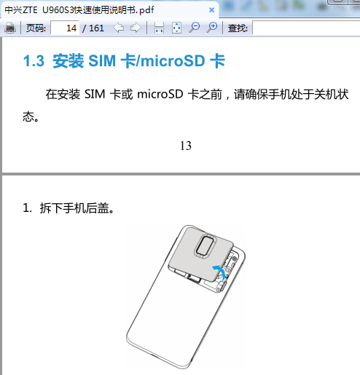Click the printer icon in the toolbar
pos(10,28)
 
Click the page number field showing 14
pos(65,28)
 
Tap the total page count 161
pos(96,28)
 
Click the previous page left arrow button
pos(119,28)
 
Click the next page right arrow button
pos(136,28)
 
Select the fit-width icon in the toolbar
pos(159,28)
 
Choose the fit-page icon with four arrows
pos(176,28)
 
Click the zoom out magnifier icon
pos(195,28)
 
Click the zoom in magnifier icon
pos(212,28)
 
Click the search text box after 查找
pos(306,28)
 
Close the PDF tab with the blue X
pos(211,10)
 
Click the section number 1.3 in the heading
pos(34,60)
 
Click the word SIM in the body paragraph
pos(95,94)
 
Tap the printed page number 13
pos(186,146)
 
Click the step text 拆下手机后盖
pos(77,208)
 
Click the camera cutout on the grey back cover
pos(206,245)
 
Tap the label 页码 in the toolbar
pos(36,28)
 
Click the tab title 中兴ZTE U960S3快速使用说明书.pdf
pos(79,10)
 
